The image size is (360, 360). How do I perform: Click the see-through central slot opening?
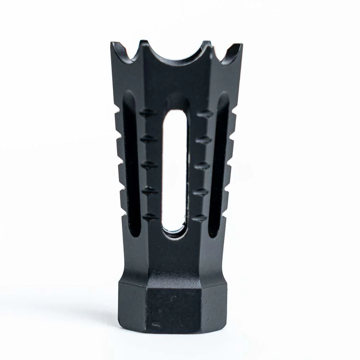pos(174,169)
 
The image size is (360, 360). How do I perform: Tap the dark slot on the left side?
pos(131,162)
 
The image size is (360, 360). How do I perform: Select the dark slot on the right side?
pos(218,162)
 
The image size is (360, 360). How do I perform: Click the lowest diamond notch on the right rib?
pos(199,218)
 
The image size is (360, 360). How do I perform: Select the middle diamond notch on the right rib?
pos(202,166)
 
